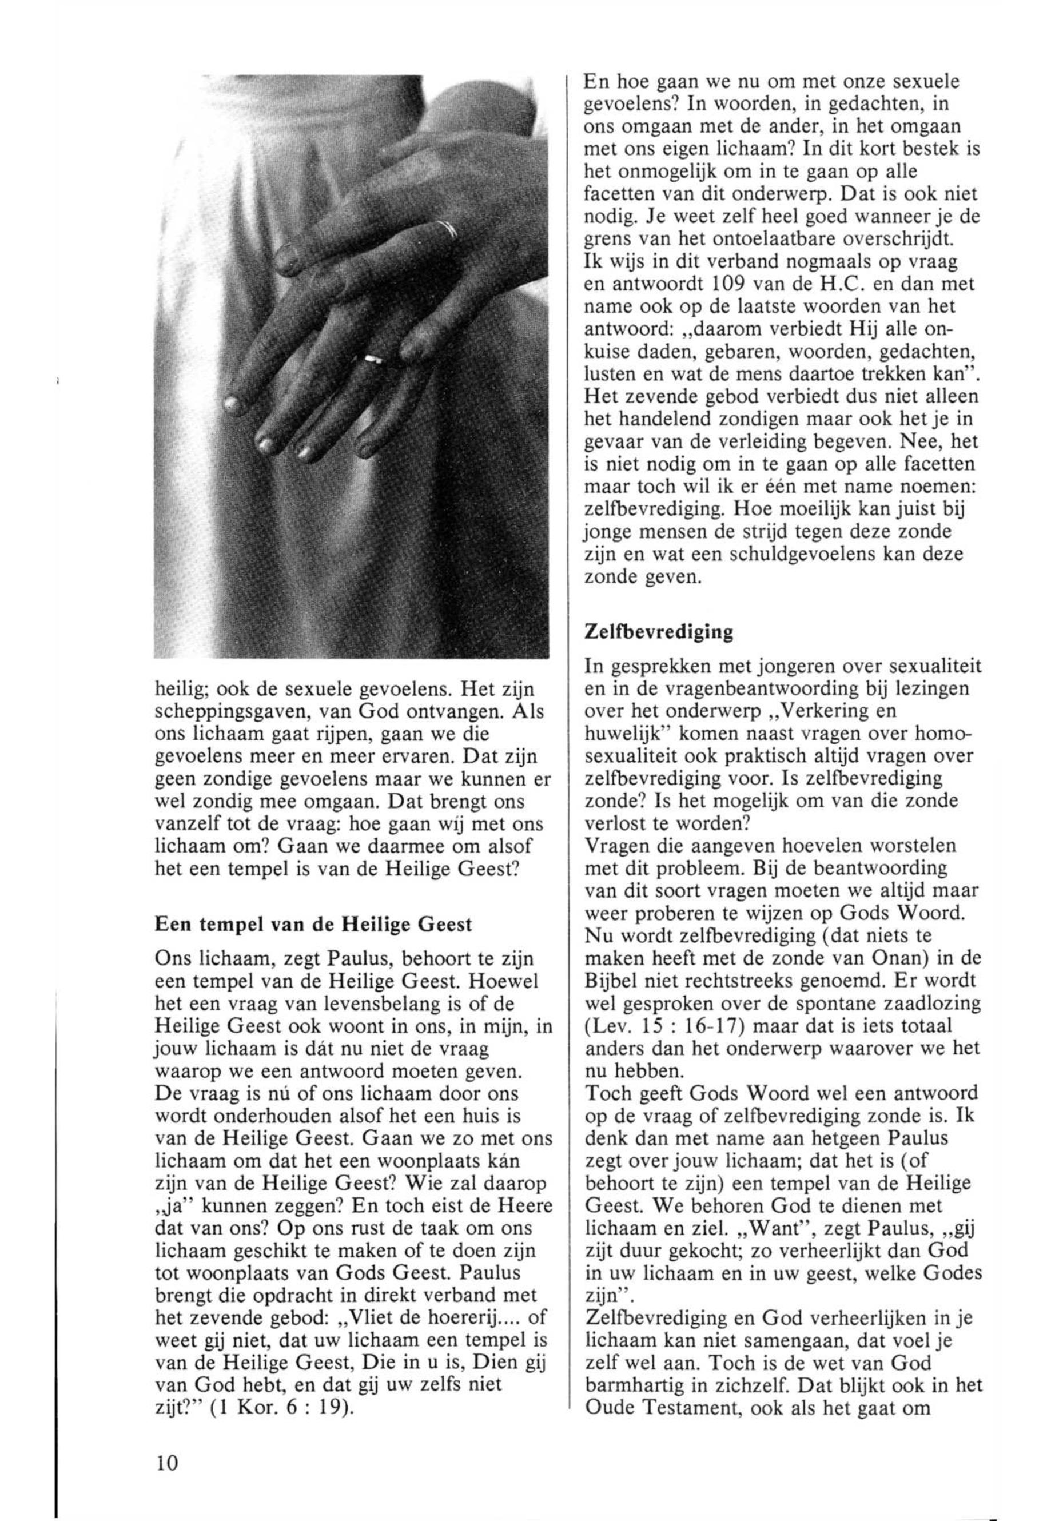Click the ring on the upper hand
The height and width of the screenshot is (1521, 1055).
click(448, 229)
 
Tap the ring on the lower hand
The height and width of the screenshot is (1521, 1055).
click(373, 359)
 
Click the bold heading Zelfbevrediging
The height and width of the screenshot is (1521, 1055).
click(659, 632)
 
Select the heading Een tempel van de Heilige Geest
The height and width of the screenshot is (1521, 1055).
click(313, 924)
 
